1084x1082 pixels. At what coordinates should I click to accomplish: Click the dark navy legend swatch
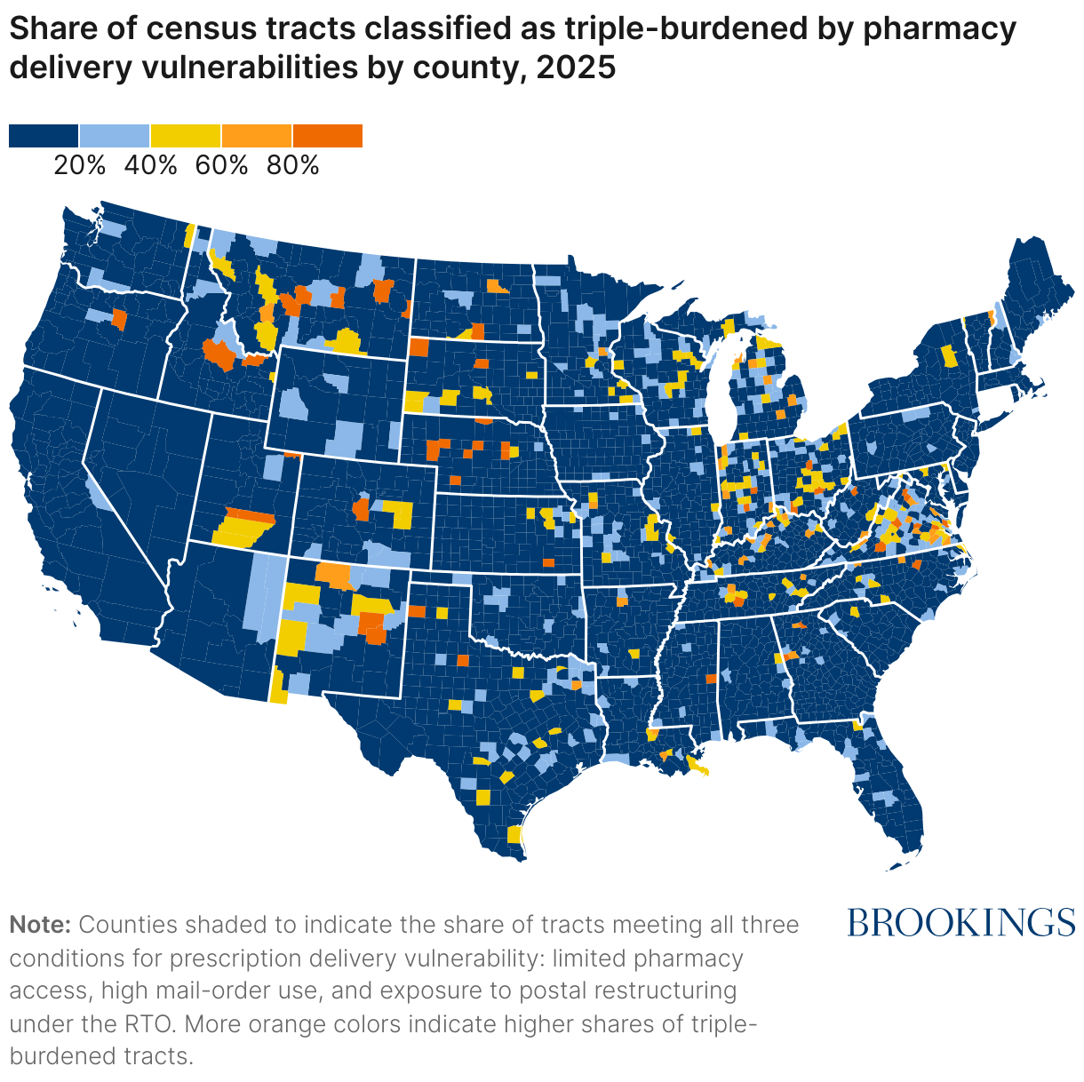(x=44, y=136)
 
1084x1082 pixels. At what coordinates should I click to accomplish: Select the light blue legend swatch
(x=115, y=136)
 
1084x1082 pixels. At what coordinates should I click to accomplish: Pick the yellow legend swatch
(x=186, y=136)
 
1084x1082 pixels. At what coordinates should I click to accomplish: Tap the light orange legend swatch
(x=257, y=136)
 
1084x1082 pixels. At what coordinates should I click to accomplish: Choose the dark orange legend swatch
(x=328, y=136)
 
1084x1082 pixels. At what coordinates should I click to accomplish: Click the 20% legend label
(x=80, y=165)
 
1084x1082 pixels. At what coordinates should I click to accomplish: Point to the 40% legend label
(x=151, y=165)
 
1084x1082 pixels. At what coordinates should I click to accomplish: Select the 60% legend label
(x=222, y=165)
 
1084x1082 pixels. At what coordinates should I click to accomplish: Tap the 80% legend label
(x=293, y=165)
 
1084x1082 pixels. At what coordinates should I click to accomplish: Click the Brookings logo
(x=961, y=923)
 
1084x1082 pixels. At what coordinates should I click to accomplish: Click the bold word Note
(x=40, y=925)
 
